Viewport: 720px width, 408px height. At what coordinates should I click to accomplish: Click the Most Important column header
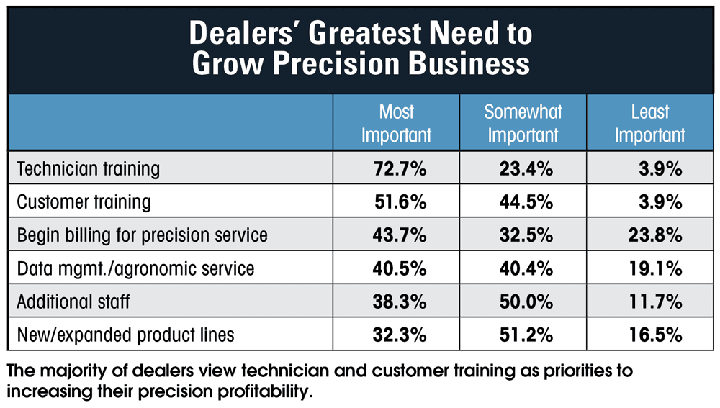(x=396, y=123)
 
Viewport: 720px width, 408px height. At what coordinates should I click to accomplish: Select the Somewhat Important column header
(x=523, y=123)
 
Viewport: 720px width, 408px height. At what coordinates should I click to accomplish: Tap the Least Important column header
(x=649, y=123)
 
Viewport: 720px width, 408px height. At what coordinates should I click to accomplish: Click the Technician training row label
(x=88, y=169)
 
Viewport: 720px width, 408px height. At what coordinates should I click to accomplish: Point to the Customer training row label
(x=84, y=202)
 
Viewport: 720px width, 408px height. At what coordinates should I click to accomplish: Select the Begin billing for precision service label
(x=142, y=235)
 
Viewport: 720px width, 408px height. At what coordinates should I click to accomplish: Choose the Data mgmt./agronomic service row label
(x=135, y=268)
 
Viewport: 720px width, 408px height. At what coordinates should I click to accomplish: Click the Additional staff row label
(x=73, y=302)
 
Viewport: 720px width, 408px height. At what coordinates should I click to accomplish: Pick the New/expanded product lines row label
(x=125, y=335)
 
